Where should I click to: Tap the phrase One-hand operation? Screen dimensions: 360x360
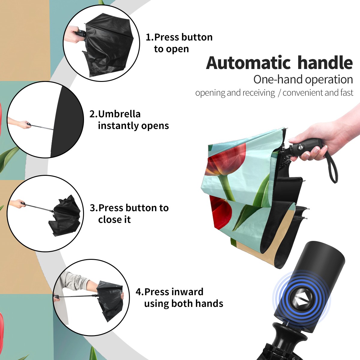coord(303,80)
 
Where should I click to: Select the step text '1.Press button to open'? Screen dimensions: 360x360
coord(179,43)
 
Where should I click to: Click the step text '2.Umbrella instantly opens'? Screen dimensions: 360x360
coord(129,120)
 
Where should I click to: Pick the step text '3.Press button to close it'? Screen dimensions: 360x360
coord(129,214)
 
